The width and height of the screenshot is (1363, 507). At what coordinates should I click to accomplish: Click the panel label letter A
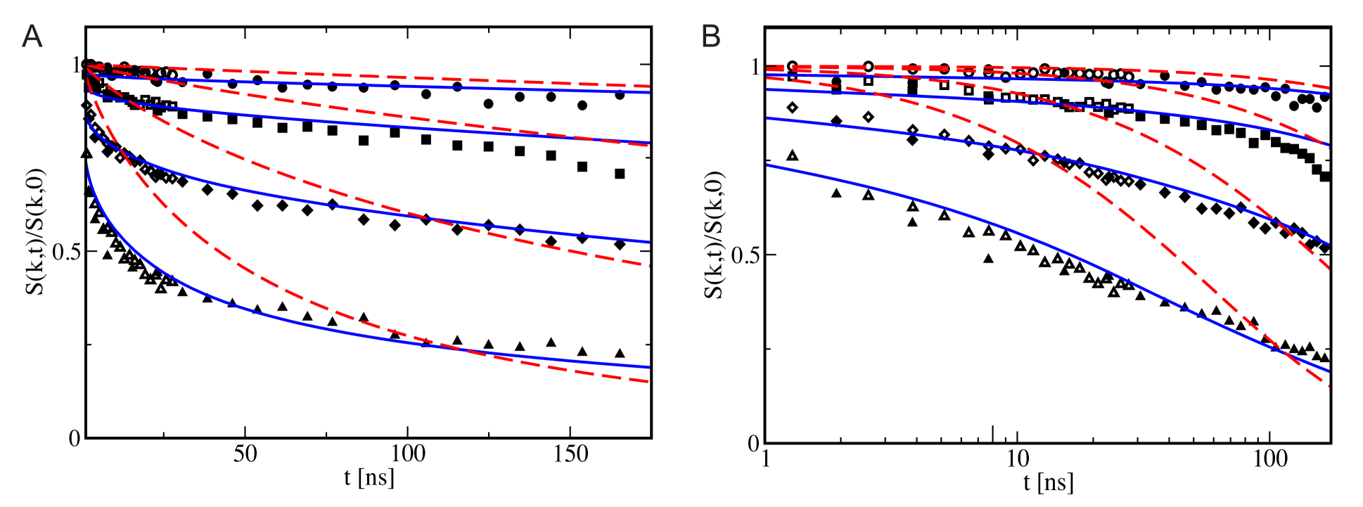32,37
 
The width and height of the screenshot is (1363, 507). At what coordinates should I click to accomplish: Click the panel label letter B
711,37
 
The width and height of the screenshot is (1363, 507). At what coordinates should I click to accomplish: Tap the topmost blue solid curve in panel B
1055,79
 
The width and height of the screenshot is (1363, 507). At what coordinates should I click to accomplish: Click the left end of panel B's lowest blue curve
767,165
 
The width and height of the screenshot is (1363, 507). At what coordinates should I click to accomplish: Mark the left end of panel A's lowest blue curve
87,163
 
